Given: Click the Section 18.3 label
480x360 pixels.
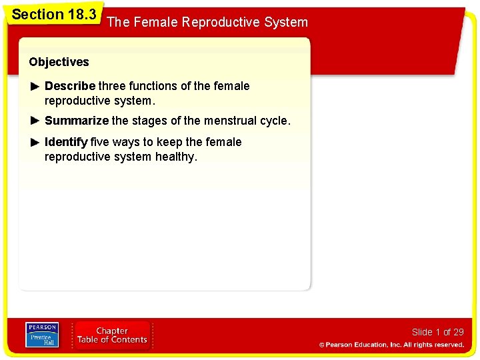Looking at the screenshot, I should click(x=54, y=14).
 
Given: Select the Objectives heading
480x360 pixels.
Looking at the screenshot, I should click(x=59, y=62).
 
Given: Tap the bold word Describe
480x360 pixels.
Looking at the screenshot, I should click(x=70, y=86).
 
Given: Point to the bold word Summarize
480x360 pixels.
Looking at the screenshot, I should click(x=76, y=121).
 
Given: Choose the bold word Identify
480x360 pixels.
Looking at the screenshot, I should click(x=66, y=142).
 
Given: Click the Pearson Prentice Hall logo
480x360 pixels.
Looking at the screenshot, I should click(x=42, y=335).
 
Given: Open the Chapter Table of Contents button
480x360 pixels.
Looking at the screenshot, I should click(x=112, y=335).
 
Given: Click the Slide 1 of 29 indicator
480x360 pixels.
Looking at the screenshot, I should click(x=437, y=332).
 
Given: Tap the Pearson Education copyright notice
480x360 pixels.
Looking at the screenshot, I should click(x=391, y=345).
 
